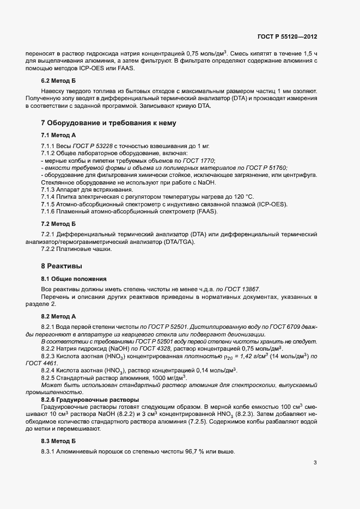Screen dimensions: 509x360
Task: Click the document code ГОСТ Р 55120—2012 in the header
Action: coord(287,36)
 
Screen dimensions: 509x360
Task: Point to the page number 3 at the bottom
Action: coord(314,463)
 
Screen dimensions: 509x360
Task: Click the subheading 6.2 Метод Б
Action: coord(58,81)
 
